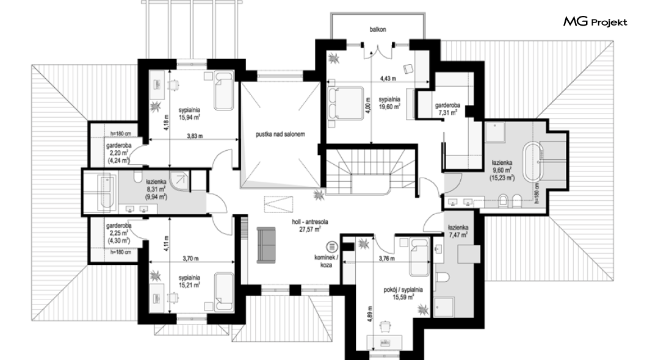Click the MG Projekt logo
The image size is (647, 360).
(x=595, y=21)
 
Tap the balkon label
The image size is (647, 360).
(x=378, y=30)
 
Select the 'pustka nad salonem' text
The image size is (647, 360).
(x=280, y=134)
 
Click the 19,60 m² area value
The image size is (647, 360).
(x=389, y=106)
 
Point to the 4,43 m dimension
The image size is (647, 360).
(x=388, y=78)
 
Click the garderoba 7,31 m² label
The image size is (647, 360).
(x=447, y=109)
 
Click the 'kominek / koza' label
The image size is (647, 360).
(x=326, y=261)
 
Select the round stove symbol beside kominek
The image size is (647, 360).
(x=332, y=247)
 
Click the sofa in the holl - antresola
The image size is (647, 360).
(x=267, y=245)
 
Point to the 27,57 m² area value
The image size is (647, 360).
(x=310, y=229)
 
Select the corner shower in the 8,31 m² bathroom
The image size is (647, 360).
(x=180, y=182)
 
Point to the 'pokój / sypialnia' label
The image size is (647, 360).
(x=403, y=290)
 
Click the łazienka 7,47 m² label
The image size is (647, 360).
(x=458, y=231)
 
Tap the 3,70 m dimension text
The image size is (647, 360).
(x=190, y=259)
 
